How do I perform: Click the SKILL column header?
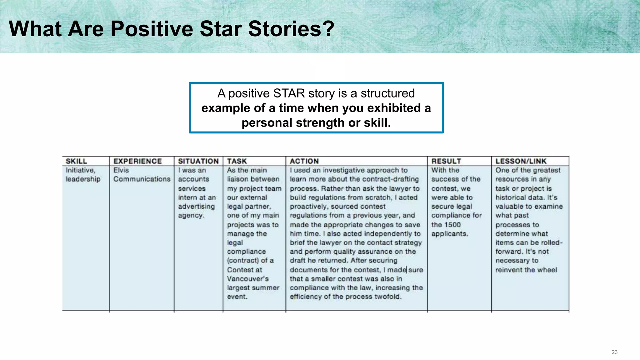[76, 161]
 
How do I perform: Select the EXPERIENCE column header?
[137, 161]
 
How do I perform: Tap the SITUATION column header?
[198, 161]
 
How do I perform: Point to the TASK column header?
[237, 161]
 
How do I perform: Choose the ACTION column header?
[304, 161]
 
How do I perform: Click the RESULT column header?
[446, 161]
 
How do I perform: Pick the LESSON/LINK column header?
[521, 161]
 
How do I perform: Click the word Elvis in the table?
[121, 170]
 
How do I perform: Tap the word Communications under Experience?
[142, 179]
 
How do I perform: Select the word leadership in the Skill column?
[83, 179]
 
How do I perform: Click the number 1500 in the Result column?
[452, 225]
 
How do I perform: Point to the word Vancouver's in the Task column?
[247, 279]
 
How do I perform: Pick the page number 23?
[614, 352]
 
